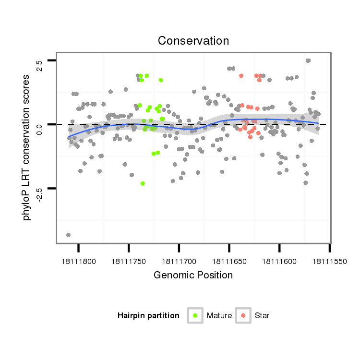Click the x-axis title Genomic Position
click(x=193, y=276)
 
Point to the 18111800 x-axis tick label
click(x=79, y=262)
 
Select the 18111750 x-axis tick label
click(x=129, y=262)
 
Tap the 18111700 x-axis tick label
click(x=179, y=262)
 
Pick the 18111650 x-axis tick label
click(x=229, y=262)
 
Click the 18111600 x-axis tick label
click(x=279, y=262)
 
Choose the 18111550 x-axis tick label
click(x=329, y=262)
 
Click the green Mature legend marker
click(x=195, y=315)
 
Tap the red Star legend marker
click(x=244, y=315)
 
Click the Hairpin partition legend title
click(x=148, y=316)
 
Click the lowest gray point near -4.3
click(x=69, y=235)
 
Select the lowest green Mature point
click(x=143, y=183)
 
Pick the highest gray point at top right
click(x=308, y=60)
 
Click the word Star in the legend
click(x=262, y=316)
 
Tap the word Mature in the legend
click(x=219, y=316)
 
